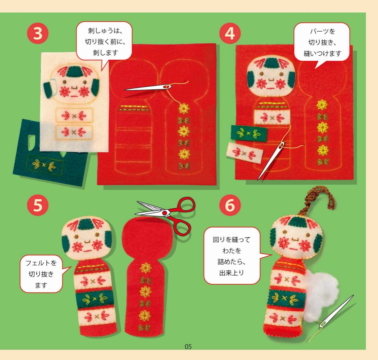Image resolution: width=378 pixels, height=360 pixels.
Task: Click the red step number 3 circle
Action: point(38,33)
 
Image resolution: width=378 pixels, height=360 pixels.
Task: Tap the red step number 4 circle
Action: point(230,33)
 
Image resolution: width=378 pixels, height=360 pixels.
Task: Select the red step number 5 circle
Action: point(38,205)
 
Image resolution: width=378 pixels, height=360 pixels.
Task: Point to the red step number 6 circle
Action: point(230,205)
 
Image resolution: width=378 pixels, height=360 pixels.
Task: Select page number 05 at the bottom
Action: point(188,347)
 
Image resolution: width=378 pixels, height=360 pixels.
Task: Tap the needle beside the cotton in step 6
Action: point(336,311)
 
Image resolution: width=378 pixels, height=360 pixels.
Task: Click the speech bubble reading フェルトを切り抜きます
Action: point(41,274)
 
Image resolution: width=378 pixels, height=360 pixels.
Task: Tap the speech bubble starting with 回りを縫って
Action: point(232,256)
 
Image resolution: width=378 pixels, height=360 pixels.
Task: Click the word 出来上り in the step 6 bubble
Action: point(232,273)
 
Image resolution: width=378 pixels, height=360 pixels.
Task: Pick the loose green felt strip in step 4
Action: point(249,133)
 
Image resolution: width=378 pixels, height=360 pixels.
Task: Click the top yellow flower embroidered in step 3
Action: point(184,108)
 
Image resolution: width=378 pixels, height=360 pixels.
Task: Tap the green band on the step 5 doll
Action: point(95,298)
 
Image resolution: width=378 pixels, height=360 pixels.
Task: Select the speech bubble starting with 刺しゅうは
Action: point(104,42)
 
